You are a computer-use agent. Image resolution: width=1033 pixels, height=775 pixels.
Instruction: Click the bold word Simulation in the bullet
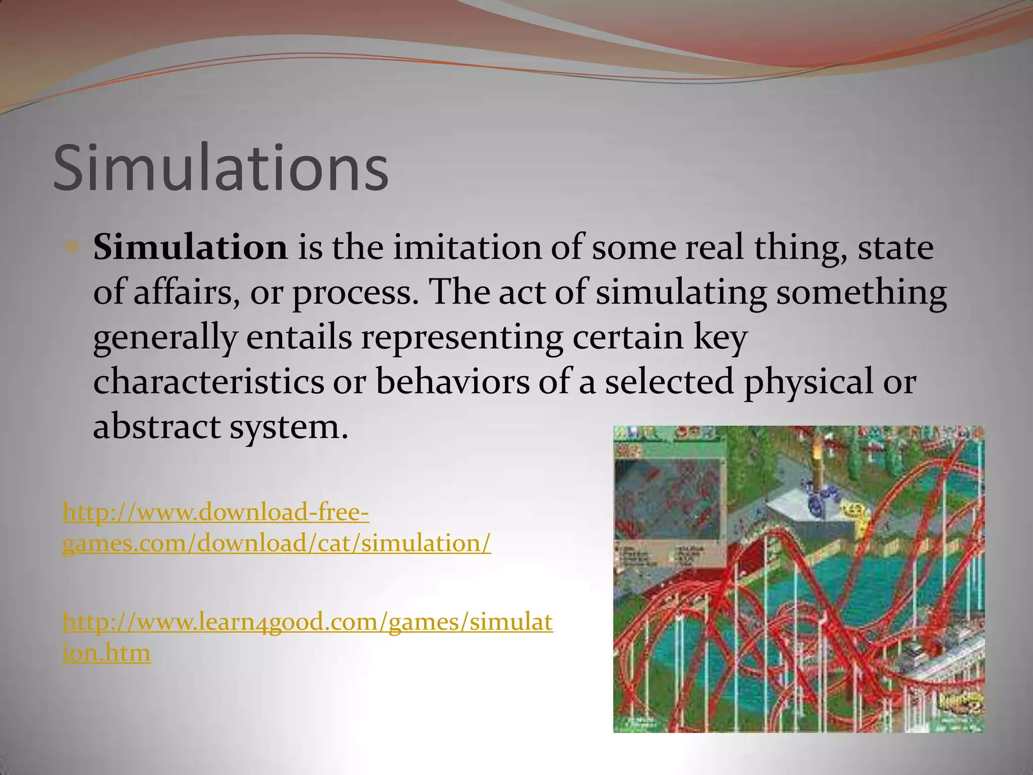(x=190, y=248)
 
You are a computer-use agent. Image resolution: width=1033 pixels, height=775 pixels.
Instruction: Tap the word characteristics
(x=208, y=382)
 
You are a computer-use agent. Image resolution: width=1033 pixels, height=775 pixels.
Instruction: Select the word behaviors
(x=452, y=382)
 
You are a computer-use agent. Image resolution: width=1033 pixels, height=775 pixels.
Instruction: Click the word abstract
(x=157, y=427)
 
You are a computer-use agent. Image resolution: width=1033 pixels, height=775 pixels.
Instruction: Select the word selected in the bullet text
(x=669, y=382)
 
